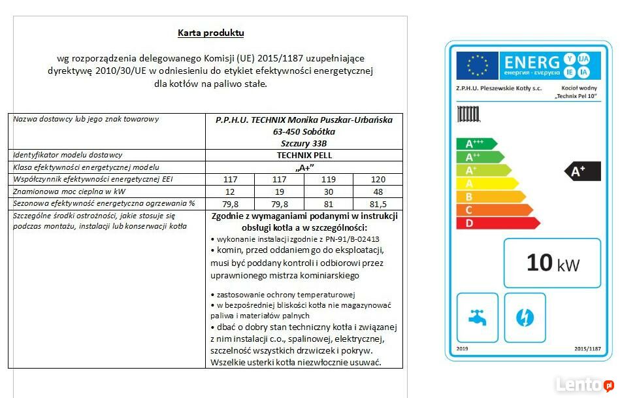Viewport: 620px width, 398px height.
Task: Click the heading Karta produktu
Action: [x=210, y=33]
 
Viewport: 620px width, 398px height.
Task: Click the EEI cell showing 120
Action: [x=378, y=179]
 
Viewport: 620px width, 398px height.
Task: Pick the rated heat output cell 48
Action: [x=378, y=191]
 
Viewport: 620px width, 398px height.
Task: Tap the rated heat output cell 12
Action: [x=230, y=191]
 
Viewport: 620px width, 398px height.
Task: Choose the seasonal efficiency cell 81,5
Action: [x=378, y=203]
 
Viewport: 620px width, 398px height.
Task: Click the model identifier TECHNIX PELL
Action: [x=304, y=156]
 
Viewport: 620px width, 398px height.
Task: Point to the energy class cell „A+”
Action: [x=304, y=167]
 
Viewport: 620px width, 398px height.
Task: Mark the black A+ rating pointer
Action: [x=582, y=171]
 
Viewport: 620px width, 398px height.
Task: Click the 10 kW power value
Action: [x=552, y=263]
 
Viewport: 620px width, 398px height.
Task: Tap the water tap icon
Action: [x=478, y=318]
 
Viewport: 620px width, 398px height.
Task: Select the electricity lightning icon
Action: [x=525, y=318]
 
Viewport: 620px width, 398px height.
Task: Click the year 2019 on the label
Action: [x=463, y=349]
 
